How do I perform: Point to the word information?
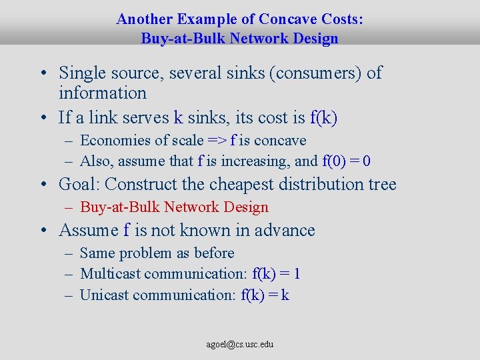102,93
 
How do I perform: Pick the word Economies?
115,141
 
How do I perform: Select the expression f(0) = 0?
347,161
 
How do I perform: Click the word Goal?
78,184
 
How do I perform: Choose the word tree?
382,184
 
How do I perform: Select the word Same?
97,253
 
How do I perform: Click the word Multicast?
110,274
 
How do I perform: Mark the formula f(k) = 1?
277,274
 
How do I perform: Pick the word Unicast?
105,295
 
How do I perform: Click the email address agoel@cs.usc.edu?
239,345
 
